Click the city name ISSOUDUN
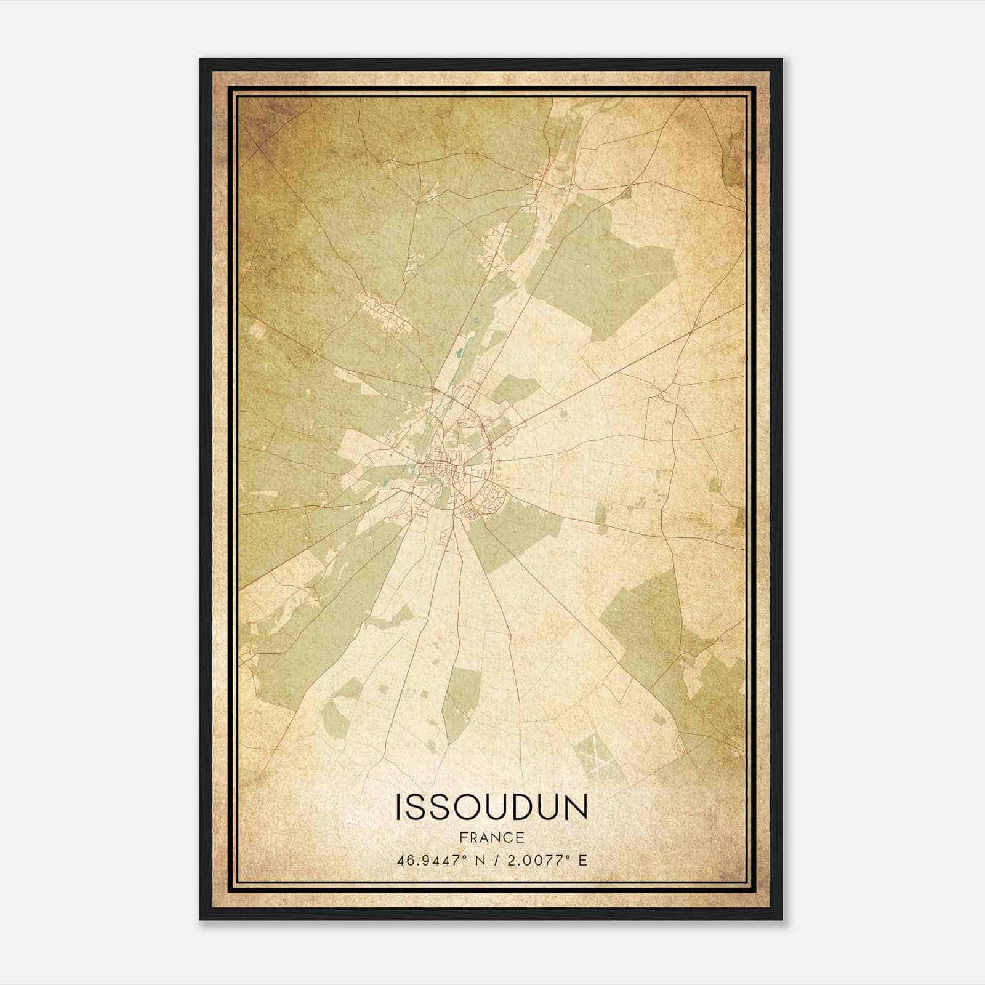coord(491,807)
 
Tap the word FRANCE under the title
coord(491,838)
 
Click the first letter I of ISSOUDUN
coord(400,807)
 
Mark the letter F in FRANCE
coord(462,838)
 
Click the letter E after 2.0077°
coord(582,860)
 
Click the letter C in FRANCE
coord(509,838)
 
